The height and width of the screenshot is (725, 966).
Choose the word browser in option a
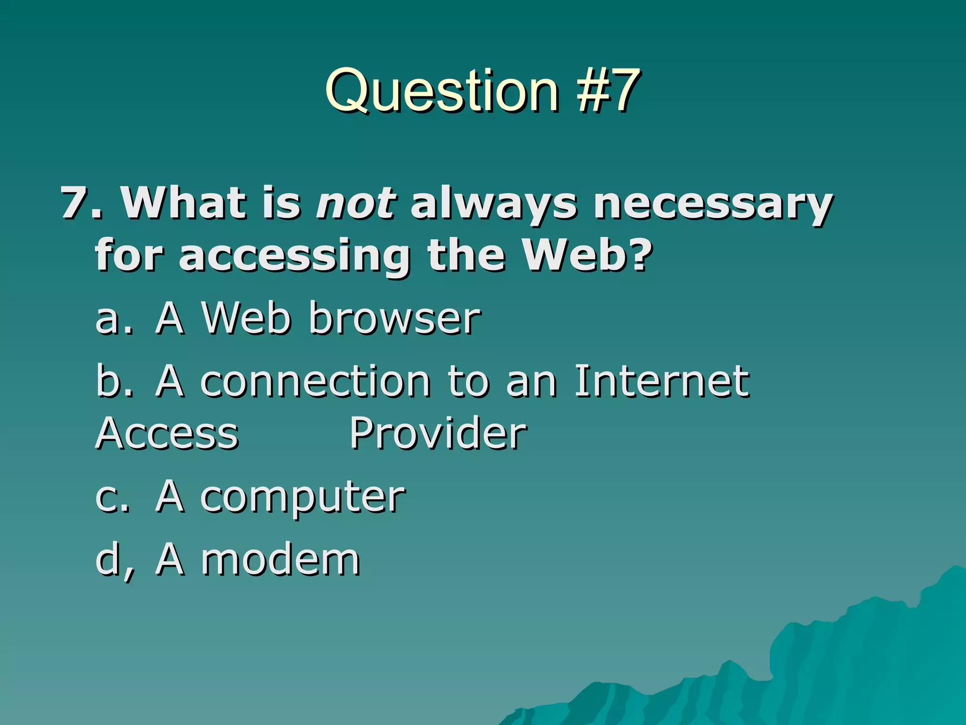[x=395, y=318]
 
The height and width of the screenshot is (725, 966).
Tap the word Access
[x=167, y=433]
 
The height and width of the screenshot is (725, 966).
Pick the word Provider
[x=438, y=433]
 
